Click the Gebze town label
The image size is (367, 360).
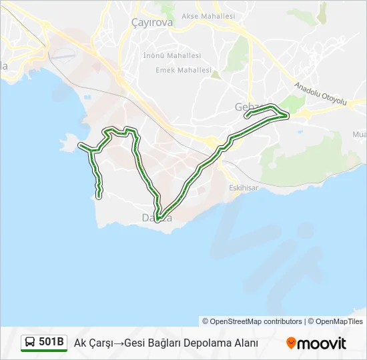pyautogui.click(x=248, y=107)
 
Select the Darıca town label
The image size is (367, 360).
pyautogui.click(x=157, y=218)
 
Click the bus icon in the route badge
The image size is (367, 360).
pyautogui.click(x=30, y=343)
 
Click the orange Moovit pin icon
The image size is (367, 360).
pyautogui.click(x=291, y=343)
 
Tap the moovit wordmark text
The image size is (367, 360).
pyautogui.click(x=322, y=343)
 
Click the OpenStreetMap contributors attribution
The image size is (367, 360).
pyautogui.click(x=256, y=321)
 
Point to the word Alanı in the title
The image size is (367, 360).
pyautogui.click(x=244, y=343)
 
